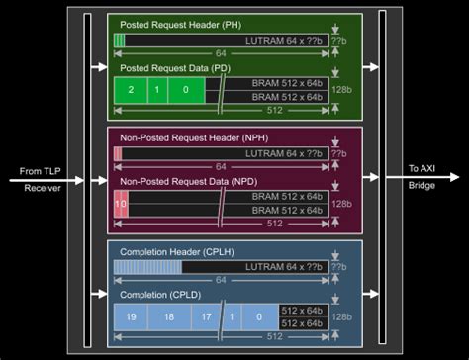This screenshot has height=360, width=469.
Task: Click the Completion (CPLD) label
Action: (x=157, y=295)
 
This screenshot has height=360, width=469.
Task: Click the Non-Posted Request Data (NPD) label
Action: (x=186, y=181)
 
